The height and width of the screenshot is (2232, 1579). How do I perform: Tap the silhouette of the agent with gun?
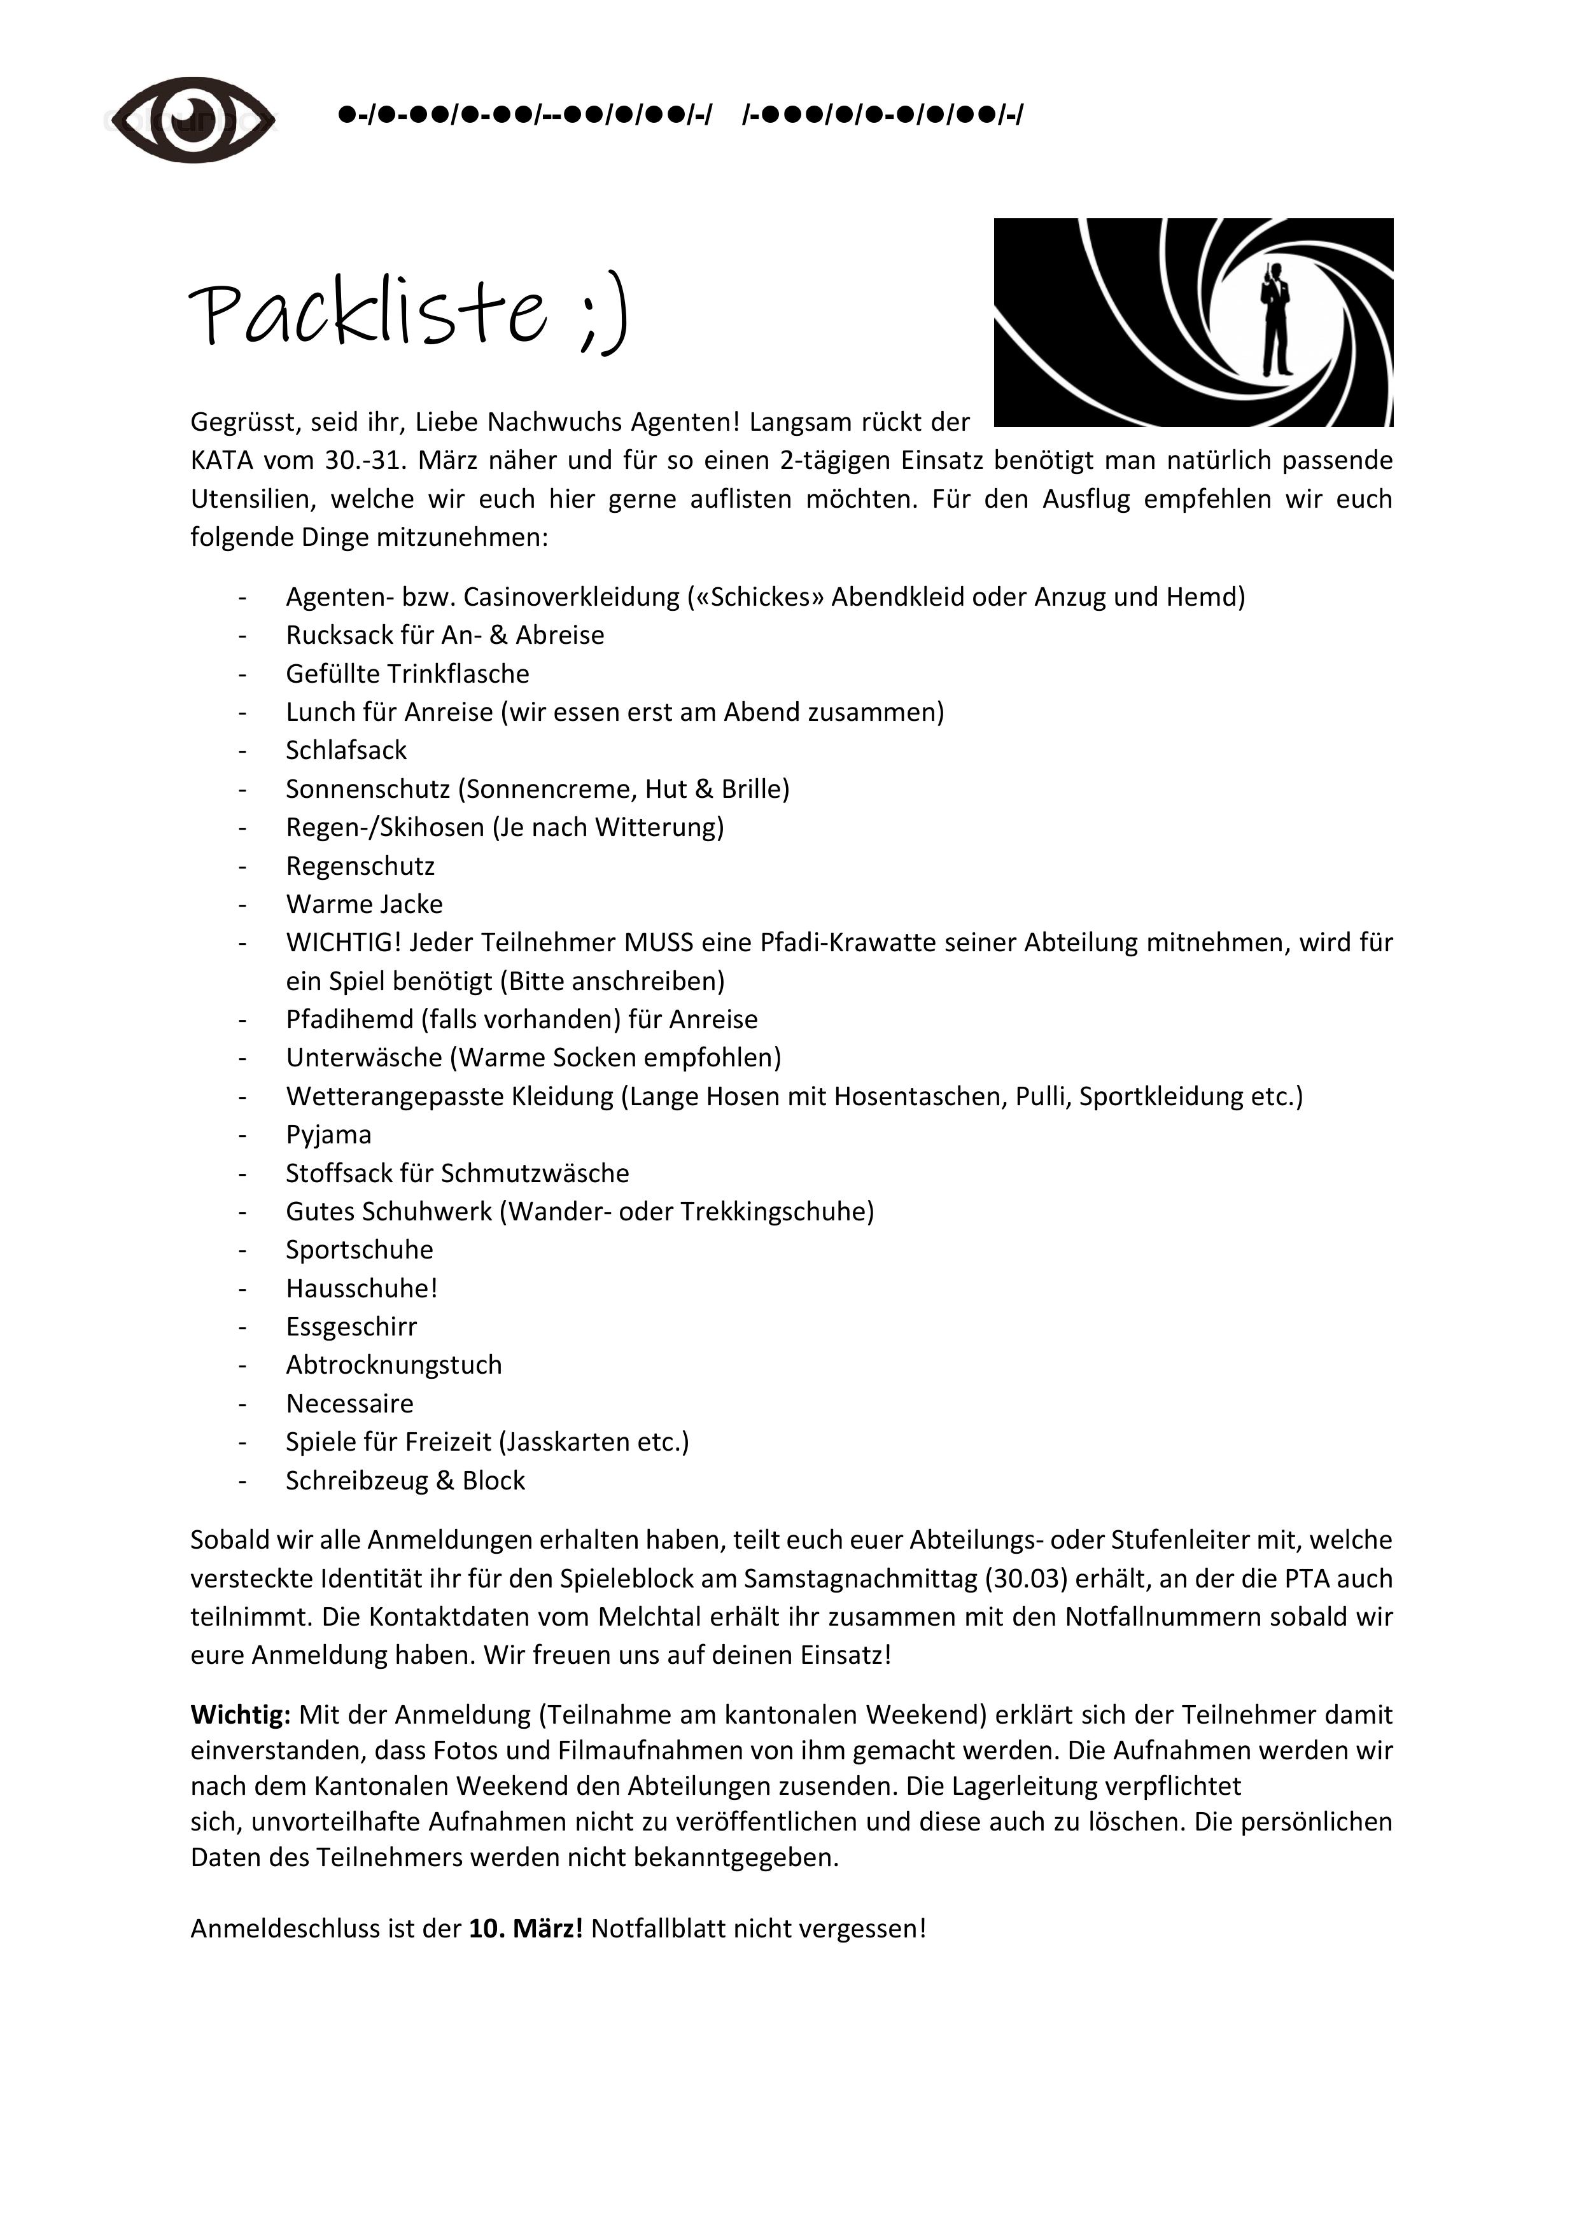coord(1275,319)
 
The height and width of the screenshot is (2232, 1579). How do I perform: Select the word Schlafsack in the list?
coord(346,751)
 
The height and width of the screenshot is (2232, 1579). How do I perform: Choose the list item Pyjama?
coord(328,1134)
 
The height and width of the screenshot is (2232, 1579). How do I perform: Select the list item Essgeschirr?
coord(351,1327)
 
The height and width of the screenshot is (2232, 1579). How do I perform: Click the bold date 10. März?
coord(525,1928)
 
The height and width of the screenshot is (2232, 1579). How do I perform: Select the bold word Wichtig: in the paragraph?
coord(240,1714)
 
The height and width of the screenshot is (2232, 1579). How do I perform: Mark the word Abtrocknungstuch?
coord(394,1365)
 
